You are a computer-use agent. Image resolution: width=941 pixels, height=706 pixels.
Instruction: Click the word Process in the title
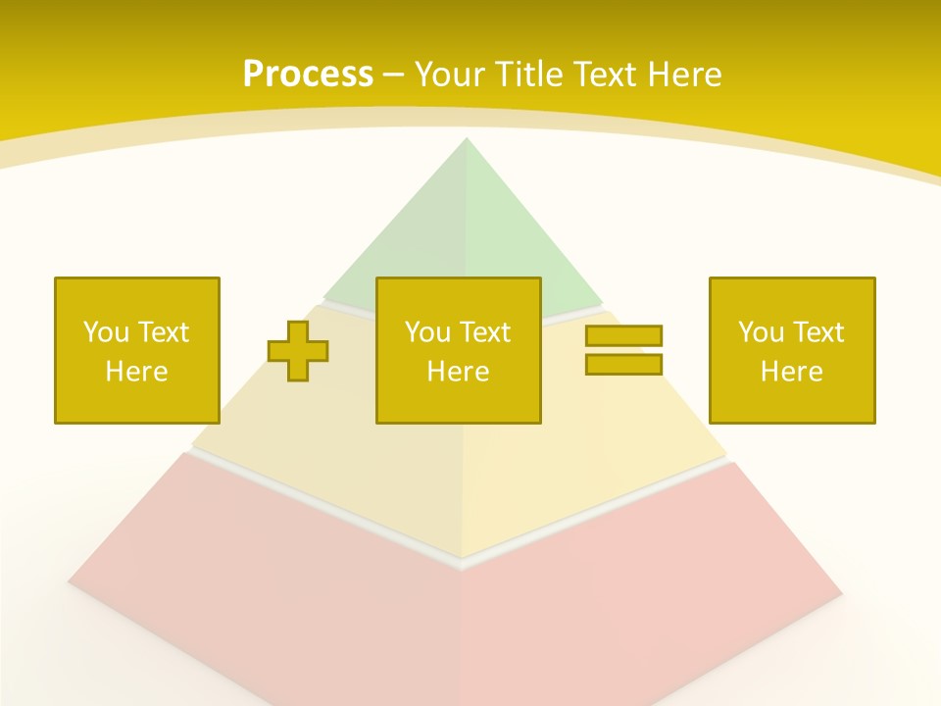click(308, 75)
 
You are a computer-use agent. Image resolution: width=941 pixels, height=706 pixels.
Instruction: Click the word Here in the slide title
click(683, 75)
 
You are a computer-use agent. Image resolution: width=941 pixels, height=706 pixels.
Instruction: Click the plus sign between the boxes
click(298, 350)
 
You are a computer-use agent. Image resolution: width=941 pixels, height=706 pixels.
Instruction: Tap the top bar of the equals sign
click(623, 336)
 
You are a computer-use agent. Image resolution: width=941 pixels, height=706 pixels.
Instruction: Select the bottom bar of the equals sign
click(623, 364)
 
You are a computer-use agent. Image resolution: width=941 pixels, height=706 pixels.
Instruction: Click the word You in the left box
click(106, 332)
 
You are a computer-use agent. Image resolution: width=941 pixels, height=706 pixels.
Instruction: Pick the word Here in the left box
click(136, 372)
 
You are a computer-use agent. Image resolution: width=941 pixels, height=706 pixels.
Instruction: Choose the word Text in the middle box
click(485, 332)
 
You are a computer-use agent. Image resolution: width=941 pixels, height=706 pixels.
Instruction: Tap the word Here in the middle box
click(458, 372)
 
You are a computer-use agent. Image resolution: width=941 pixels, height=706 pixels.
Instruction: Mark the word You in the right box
click(761, 332)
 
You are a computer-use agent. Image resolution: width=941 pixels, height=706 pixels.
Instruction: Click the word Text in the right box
click(818, 332)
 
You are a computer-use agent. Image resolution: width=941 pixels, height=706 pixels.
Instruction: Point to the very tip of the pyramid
click(466, 140)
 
